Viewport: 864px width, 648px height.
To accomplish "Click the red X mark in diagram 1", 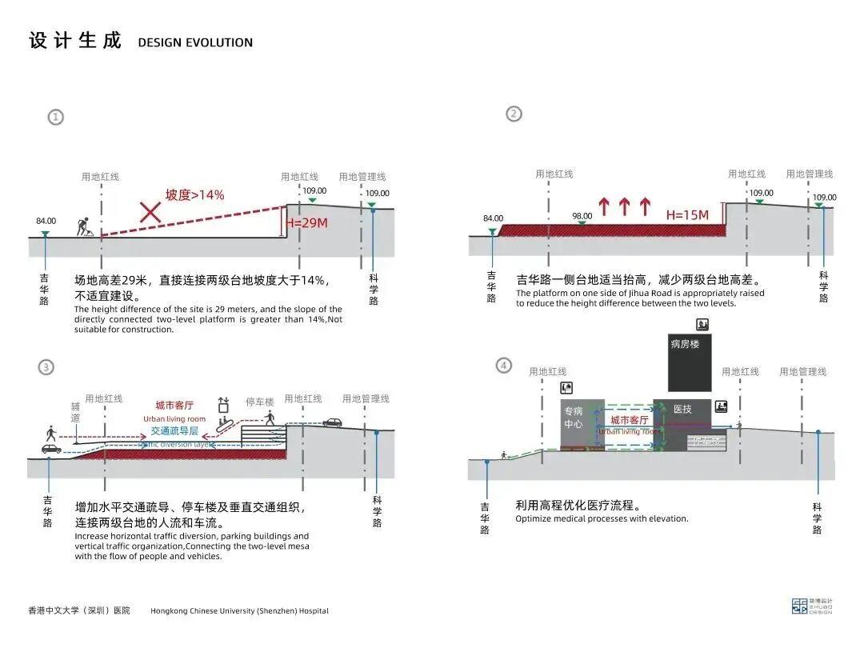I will click(150, 211).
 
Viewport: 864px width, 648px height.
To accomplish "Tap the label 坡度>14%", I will click(194, 195).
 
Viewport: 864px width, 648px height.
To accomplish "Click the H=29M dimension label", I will click(306, 223).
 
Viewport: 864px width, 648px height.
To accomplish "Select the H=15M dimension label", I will click(687, 215).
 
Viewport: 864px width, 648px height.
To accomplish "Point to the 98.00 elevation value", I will click(582, 216).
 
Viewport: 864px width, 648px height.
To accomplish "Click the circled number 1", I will click(55, 117).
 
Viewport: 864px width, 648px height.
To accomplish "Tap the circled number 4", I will click(503, 366).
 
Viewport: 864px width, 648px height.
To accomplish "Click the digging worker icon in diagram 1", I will click(85, 227).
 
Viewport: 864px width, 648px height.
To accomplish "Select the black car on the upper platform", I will click(332, 422).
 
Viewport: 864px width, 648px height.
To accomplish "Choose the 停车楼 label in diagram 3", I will click(259, 402).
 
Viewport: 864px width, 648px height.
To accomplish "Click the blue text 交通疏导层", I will click(174, 430).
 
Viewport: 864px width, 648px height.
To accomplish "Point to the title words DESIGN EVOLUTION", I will click(195, 42).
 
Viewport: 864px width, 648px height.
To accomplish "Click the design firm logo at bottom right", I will click(800, 606).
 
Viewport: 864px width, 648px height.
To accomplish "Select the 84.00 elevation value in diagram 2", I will click(494, 218).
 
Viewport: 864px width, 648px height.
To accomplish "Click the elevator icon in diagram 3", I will click(224, 405).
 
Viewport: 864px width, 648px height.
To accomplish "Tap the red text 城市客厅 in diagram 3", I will click(174, 406).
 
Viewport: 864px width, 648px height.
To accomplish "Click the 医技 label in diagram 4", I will click(682, 410).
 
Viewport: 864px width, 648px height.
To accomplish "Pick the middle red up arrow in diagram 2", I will click(624, 207).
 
